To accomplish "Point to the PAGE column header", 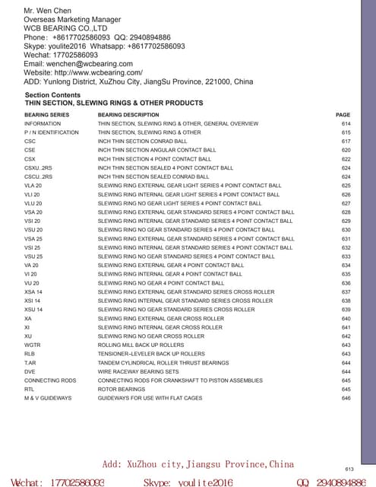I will point(343,115).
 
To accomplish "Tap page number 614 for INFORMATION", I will point(346,123).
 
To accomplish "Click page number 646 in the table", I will point(346,397).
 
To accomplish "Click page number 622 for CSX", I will point(346,159).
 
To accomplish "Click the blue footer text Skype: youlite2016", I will point(188,482).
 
